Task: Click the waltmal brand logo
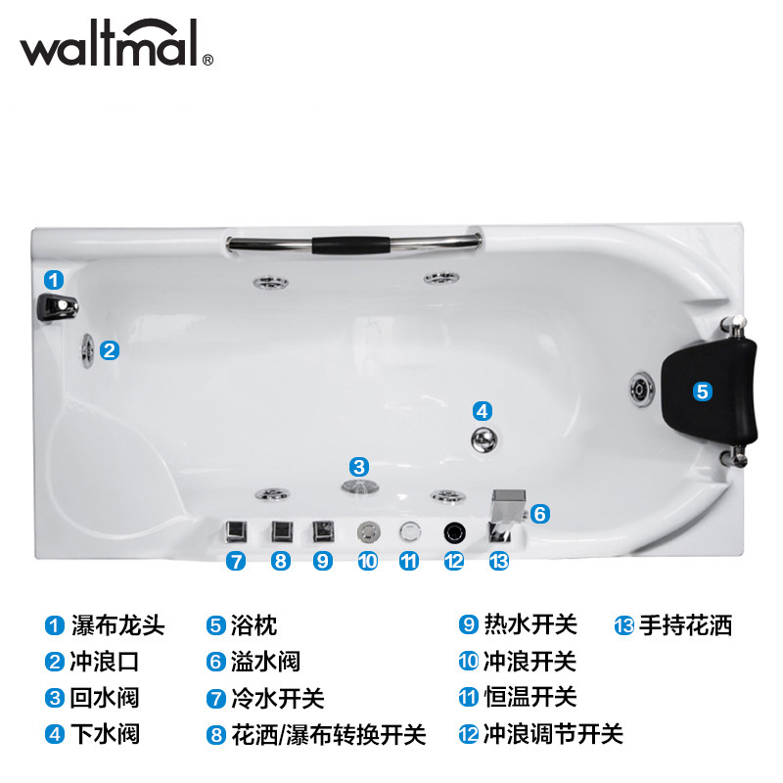pos(116,43)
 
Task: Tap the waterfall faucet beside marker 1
pos(58,306)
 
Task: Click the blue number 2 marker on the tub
pos(110,350)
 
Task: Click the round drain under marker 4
pos(484,439)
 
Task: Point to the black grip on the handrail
pos(350,246)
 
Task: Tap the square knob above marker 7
pos(236,531)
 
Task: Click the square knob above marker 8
pos(282,531)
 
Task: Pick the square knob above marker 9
pos(323,531)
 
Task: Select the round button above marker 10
pos(369,532)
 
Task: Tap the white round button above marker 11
pos(410,531)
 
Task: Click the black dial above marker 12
pos(454,532)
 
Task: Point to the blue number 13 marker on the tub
pos(499,561)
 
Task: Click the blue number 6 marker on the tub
pos(540,513)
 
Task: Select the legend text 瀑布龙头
pos(117,625)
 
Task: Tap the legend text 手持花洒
pos(686,625)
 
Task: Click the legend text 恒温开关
pos(530,697)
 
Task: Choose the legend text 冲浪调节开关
pos(553,734)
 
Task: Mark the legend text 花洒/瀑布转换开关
pos(328,735)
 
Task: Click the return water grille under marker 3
pos(360,485)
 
